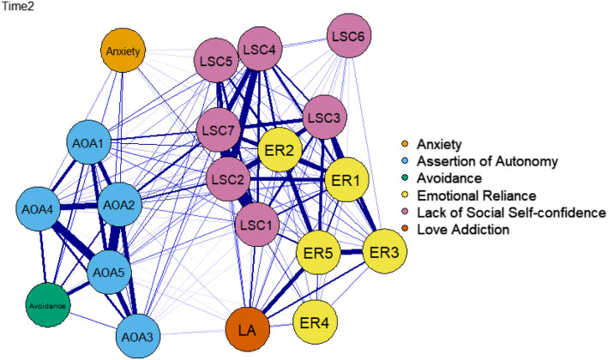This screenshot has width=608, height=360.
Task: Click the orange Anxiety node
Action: point(123,51)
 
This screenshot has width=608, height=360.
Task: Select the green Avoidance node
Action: point(48,305)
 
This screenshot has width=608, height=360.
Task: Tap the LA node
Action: point(247,330)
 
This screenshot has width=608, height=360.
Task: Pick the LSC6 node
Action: point(349,36)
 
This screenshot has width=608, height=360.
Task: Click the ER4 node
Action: point(315,322)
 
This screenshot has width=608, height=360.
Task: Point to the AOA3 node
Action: point(138,336)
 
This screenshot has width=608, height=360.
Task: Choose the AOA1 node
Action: point(89,142)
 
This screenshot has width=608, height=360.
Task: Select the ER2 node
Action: point(280,150)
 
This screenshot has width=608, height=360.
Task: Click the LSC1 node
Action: point(256,225)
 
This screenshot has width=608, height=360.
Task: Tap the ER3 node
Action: point(384,251)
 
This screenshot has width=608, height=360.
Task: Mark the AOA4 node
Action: point(38,209)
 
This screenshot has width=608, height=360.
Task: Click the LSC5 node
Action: point(216,61)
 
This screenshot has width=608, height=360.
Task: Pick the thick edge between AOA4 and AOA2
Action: point(79,207)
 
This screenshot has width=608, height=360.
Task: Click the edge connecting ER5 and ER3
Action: point(352,252)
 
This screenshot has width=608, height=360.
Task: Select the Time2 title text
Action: point(17,6)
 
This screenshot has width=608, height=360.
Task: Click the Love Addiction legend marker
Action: point(406,230)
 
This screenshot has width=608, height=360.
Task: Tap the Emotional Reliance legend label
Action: point(477,195)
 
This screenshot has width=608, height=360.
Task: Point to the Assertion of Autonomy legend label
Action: point(487,161)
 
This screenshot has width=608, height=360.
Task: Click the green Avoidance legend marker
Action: point(406,178)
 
